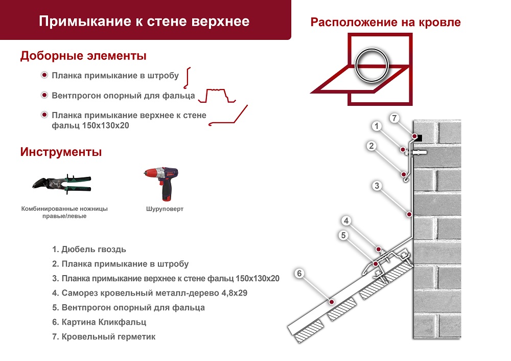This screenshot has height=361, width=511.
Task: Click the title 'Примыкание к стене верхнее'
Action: (x=144, y=21)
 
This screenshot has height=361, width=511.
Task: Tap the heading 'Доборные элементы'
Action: (x=83, y=56)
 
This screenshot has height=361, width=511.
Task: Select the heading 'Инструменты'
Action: (x=61, y=152)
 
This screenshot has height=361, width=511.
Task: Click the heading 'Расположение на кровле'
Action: (x=386, y=22)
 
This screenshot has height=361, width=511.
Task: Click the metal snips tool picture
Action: (x=61, y=183)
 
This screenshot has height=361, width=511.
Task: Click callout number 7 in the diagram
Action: (x=393, y=118)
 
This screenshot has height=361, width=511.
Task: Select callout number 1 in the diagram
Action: (x=376, y=126)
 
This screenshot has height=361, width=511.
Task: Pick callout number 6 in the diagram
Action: (x=300, y=273)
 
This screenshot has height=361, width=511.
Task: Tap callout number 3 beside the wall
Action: (x=377, y=186)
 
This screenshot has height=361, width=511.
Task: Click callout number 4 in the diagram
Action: (x=346, y=221)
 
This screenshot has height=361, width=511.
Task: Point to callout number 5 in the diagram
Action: (x=343, y=235)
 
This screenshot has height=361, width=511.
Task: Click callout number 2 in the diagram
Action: (x=372, y=146)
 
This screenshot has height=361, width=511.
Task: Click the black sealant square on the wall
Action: (x=417, y=137)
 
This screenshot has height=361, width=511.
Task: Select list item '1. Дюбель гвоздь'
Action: (x=89, y=250)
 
